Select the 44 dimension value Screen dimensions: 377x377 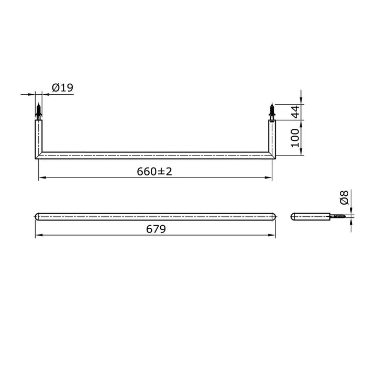tap(294, 111)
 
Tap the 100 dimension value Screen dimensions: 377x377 tap(294, 137)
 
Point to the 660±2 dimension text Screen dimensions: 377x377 tap(154, 172)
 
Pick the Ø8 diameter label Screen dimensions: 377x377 tap(344, 198)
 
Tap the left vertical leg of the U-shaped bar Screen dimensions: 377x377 tap(39, 137)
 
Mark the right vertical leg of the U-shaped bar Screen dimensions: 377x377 tap(271, 137)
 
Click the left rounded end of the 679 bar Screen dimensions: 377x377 tap(37, 216)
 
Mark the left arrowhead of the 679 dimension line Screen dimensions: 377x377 tap(38, 237)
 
